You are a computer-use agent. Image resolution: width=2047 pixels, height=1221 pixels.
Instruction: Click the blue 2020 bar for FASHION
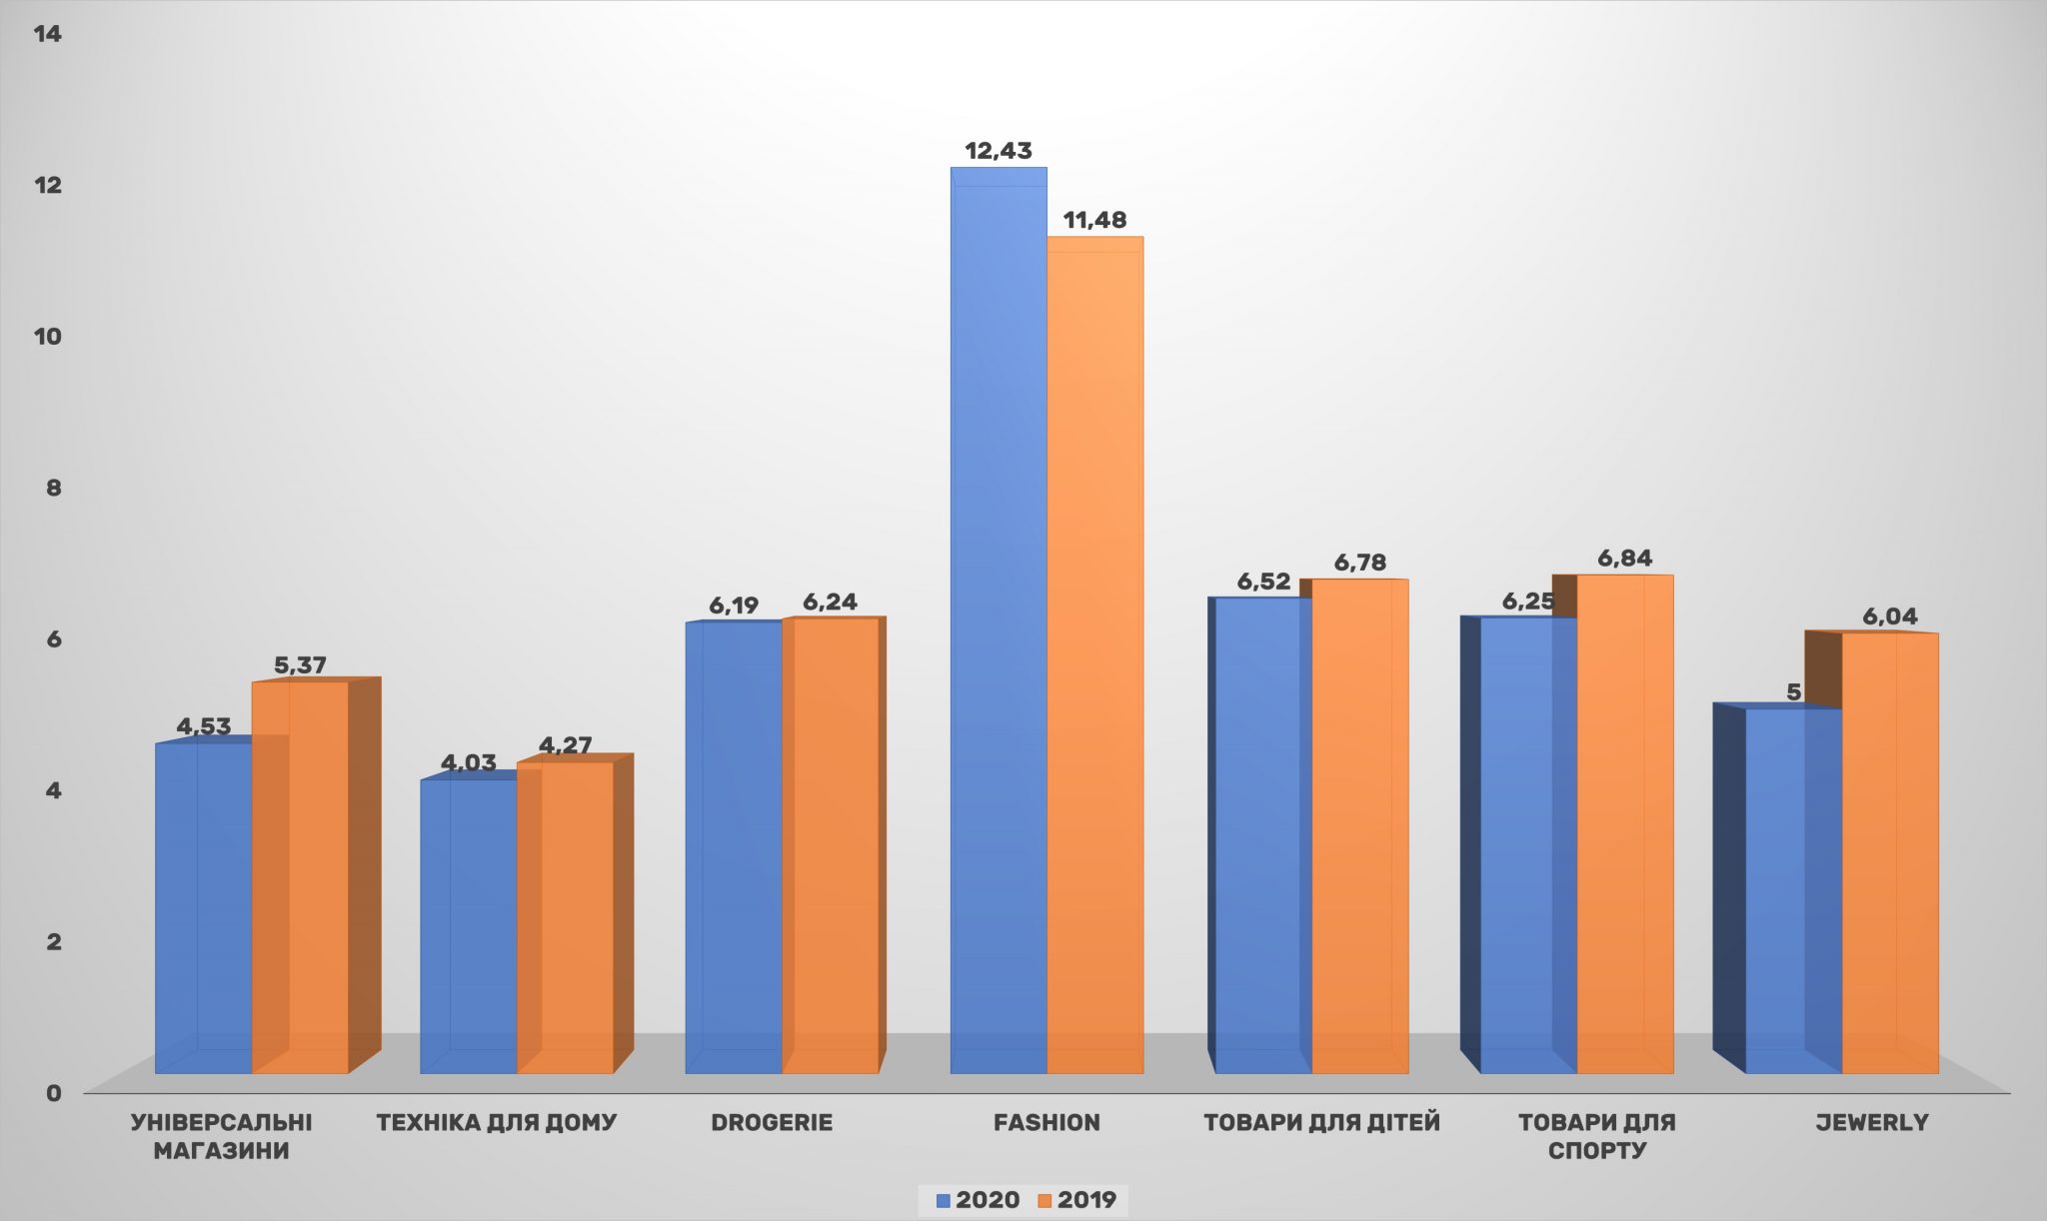click(x=999, y=619)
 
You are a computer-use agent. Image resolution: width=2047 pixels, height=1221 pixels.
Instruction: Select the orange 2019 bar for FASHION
click(x=1095, y=654)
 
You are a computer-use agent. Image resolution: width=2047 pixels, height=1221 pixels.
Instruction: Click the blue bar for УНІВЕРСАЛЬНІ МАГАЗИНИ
click(x=204, y=908)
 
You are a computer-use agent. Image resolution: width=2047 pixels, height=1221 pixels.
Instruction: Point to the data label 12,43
click(x=998, y=151)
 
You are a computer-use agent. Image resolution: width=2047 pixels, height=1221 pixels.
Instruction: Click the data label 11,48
click(x=1094, y=220)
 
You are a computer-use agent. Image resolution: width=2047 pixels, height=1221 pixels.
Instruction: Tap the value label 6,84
click(x=1624, y=559)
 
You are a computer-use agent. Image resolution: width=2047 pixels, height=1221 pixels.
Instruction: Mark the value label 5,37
click(x=300, y=665)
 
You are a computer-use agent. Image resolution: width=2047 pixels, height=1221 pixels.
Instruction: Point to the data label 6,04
click(x=1889, y=616)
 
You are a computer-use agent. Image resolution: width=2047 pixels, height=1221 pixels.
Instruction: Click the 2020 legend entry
click(x=978, y=1200)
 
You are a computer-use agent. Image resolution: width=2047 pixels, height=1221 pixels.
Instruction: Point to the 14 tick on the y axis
click(x=47, y=34)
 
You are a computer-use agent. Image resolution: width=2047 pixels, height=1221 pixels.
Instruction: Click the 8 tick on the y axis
click(x=53, y=488)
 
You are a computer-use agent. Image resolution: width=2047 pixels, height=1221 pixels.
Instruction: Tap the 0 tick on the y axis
click(x=53, y=1092)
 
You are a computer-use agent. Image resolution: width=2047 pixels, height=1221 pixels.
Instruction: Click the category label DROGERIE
click(x=772, y=1122)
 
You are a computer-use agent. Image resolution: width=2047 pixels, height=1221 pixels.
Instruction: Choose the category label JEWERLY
click(x=1871, y=1122)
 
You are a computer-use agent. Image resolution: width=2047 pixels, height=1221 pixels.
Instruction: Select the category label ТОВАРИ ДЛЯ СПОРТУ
click(x=1596, y=1136)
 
